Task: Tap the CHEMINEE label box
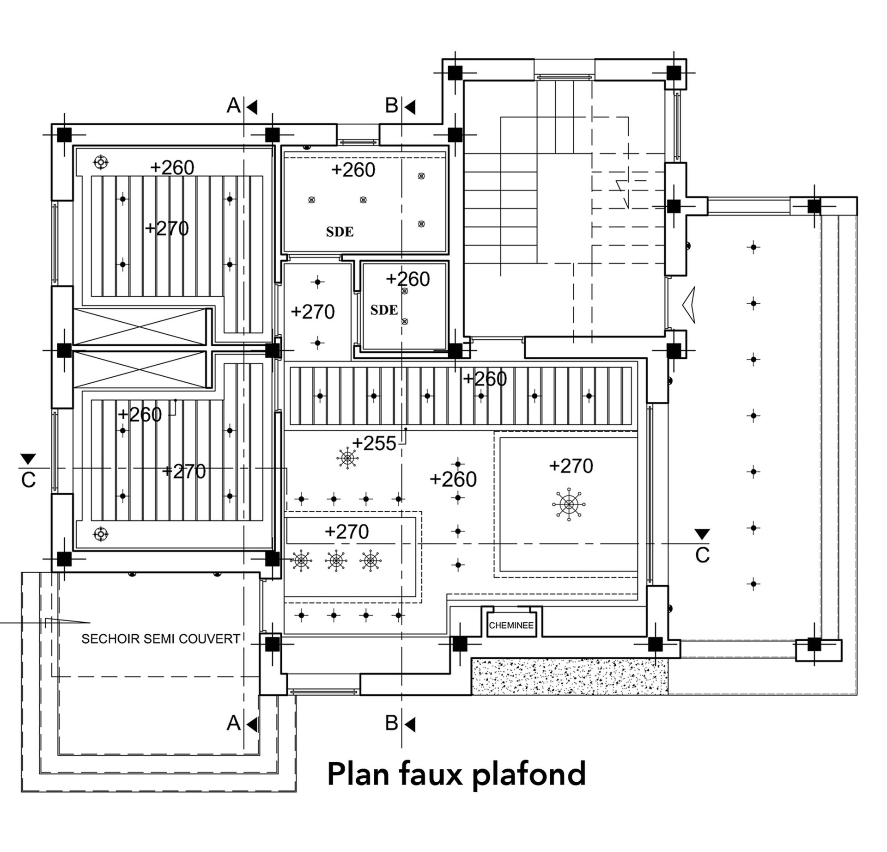(511, 625)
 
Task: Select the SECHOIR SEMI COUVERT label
(161, 639)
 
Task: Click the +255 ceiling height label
(374, 443)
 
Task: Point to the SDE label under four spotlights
(340, 232)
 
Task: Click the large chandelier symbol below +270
(569, 503)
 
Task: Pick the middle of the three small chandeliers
(336, 561)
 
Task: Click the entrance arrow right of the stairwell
(688, 305)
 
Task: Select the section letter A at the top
(233, 106)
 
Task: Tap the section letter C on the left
(28, 480)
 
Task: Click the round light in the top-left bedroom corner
(101, 162)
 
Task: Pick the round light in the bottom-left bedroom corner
(101, 534)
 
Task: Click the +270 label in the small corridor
(313, 312)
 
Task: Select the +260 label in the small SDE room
(408, 279)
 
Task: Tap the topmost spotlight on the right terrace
(753, 247)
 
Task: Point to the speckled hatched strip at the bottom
(569, 677)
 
